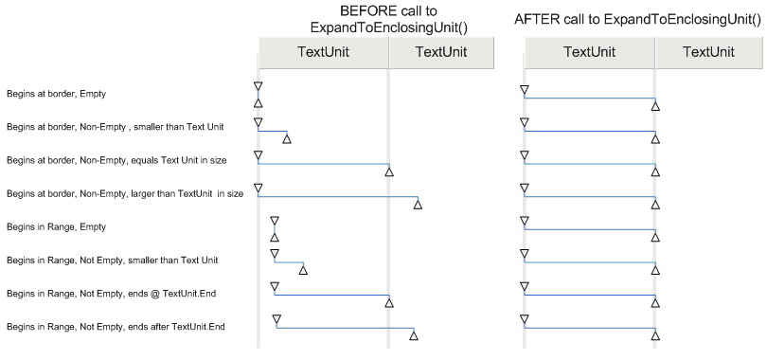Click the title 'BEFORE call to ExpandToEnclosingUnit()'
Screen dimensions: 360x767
376,19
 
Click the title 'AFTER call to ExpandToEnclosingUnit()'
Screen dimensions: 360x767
638,19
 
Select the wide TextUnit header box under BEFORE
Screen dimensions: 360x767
323,53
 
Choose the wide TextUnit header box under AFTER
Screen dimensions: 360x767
589,53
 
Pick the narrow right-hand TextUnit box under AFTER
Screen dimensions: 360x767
708,53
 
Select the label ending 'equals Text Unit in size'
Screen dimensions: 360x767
118,160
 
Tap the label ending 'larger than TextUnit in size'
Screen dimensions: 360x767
125,194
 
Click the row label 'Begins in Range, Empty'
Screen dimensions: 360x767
56,227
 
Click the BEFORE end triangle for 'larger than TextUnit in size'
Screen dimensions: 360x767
418,204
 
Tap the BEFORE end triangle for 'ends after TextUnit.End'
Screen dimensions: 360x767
414,334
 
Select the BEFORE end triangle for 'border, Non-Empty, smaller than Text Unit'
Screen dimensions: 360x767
287,139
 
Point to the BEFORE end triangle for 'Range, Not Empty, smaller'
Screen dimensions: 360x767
303,270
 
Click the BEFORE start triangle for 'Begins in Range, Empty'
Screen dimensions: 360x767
275,221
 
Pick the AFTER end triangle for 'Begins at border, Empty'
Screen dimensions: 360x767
655,106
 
